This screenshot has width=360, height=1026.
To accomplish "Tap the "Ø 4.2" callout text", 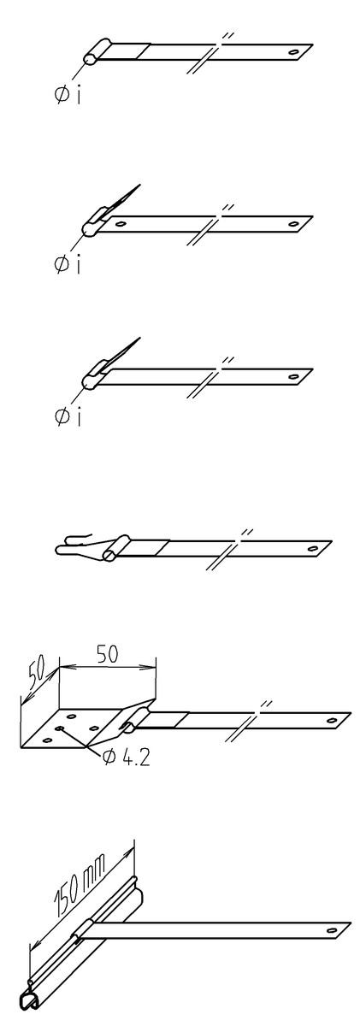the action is point(127,758).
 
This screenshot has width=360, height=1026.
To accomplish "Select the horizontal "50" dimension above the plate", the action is point(107,653).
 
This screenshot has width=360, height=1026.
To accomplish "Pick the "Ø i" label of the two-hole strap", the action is point(68,264).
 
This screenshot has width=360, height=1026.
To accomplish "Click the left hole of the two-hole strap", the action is point(121,224).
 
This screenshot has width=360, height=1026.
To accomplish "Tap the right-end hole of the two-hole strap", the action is point(293,224).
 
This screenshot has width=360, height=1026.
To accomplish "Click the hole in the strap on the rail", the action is point(332,930).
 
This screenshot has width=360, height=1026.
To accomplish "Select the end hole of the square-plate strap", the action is point(331,720).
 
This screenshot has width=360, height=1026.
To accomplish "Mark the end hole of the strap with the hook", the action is point(313,548).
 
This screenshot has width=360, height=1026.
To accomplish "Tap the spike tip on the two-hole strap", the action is point(139,185).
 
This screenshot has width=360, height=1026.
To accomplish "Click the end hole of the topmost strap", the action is point(293,52).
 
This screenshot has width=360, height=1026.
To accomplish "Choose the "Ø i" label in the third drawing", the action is point(68,417).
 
